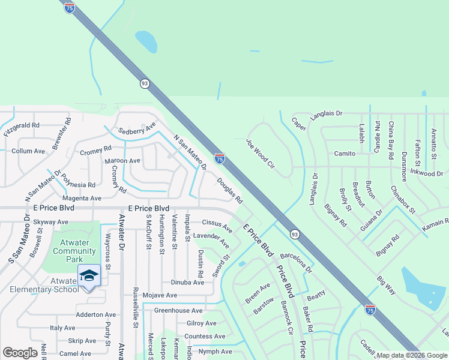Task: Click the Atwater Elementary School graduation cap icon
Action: (89, 276)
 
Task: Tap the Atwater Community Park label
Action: (74, 251)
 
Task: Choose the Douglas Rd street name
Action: (229, 190)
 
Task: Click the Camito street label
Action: (345, 153)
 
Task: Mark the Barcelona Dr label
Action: (297, 262)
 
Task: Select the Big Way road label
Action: (387, 285)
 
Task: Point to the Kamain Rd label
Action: (435, 226)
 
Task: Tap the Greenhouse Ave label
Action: (178, 310)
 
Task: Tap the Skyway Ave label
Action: (50, 222)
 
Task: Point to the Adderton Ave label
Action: (95, 314)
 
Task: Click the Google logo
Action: (20, 353)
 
